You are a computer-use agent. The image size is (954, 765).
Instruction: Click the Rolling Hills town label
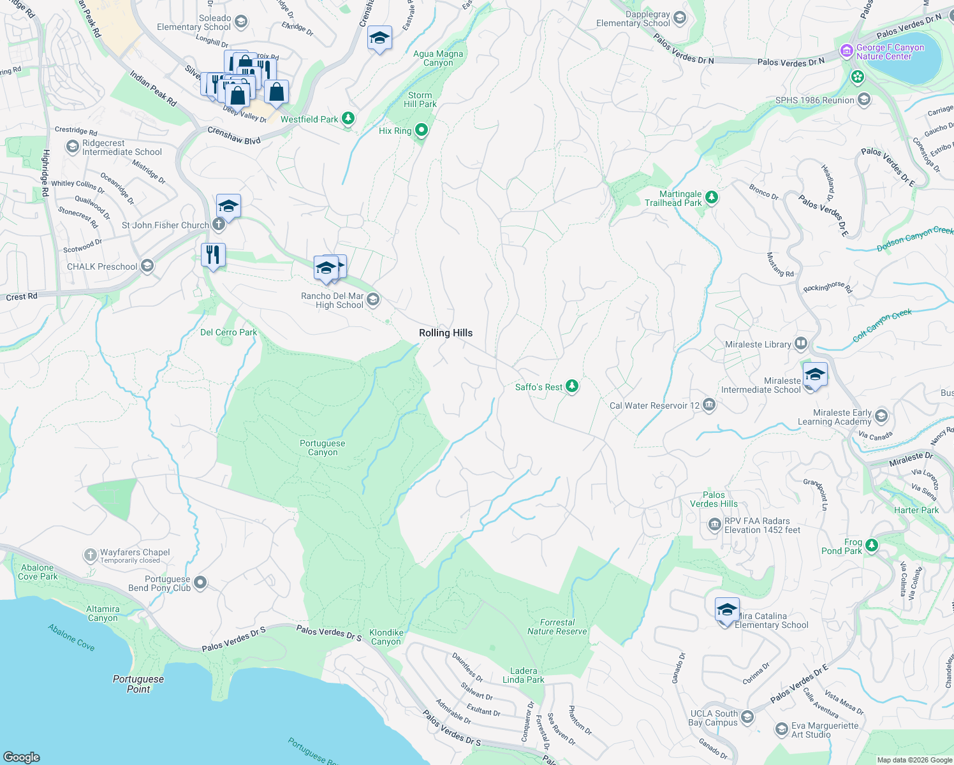coord(446,333)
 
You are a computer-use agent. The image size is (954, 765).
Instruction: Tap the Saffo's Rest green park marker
coord(572,386)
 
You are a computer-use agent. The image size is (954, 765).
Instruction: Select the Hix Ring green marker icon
coord(421,131)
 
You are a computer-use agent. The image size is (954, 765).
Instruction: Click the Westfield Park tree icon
coord(348,119)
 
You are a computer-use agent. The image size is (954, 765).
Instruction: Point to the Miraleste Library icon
coord(801,344)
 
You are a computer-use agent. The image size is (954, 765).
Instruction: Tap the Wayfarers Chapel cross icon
coord(90,555)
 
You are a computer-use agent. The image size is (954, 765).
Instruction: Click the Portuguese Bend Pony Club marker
coord(200,582)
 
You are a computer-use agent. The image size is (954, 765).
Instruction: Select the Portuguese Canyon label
coord(323,448)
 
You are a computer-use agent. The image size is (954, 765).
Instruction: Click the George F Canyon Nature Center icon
coord(846,51)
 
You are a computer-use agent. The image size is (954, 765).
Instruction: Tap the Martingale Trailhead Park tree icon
coord(712,198)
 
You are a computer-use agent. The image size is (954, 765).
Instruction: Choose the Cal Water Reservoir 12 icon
coord(709,405)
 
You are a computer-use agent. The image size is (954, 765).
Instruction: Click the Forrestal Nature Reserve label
coord(557,627)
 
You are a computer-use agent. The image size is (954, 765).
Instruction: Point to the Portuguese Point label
coord(138,683)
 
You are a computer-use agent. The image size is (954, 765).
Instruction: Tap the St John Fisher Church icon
coord(218,224)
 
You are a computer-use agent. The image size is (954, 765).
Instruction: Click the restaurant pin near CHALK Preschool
coord(213,254)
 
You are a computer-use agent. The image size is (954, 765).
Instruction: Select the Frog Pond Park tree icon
coord(872,546)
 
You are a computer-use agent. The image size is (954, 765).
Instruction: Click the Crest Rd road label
coord(22,296)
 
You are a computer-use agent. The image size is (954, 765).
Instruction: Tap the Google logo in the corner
coord(21,757)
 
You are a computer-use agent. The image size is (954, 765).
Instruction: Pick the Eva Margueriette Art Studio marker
coord(782,729)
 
